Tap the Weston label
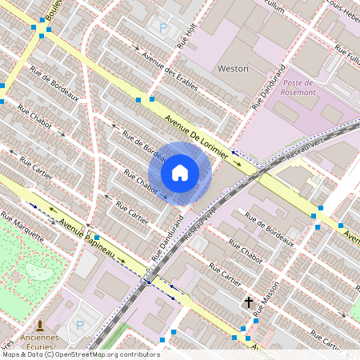point(233,69)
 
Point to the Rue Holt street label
point(186,37)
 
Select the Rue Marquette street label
point(22,227)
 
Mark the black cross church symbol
point(249,302)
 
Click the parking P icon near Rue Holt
point(164,28)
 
